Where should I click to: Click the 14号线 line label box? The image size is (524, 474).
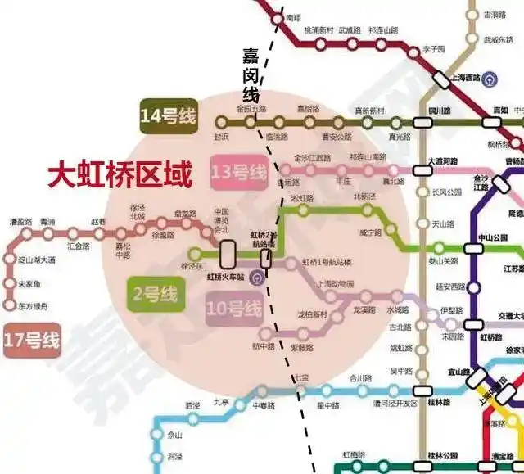click(x=168, y=117)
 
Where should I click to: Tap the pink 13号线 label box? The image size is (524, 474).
click(x=239, y=173)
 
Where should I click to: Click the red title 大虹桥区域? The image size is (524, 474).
click(x=120, y=175)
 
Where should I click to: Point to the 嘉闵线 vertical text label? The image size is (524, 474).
click(x=251, y=74)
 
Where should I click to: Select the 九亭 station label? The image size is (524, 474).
click(x=221, y=401)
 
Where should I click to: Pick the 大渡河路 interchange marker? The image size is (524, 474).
click(x=422, y=171)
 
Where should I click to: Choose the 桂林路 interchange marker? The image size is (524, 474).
click(x=422, y=392)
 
